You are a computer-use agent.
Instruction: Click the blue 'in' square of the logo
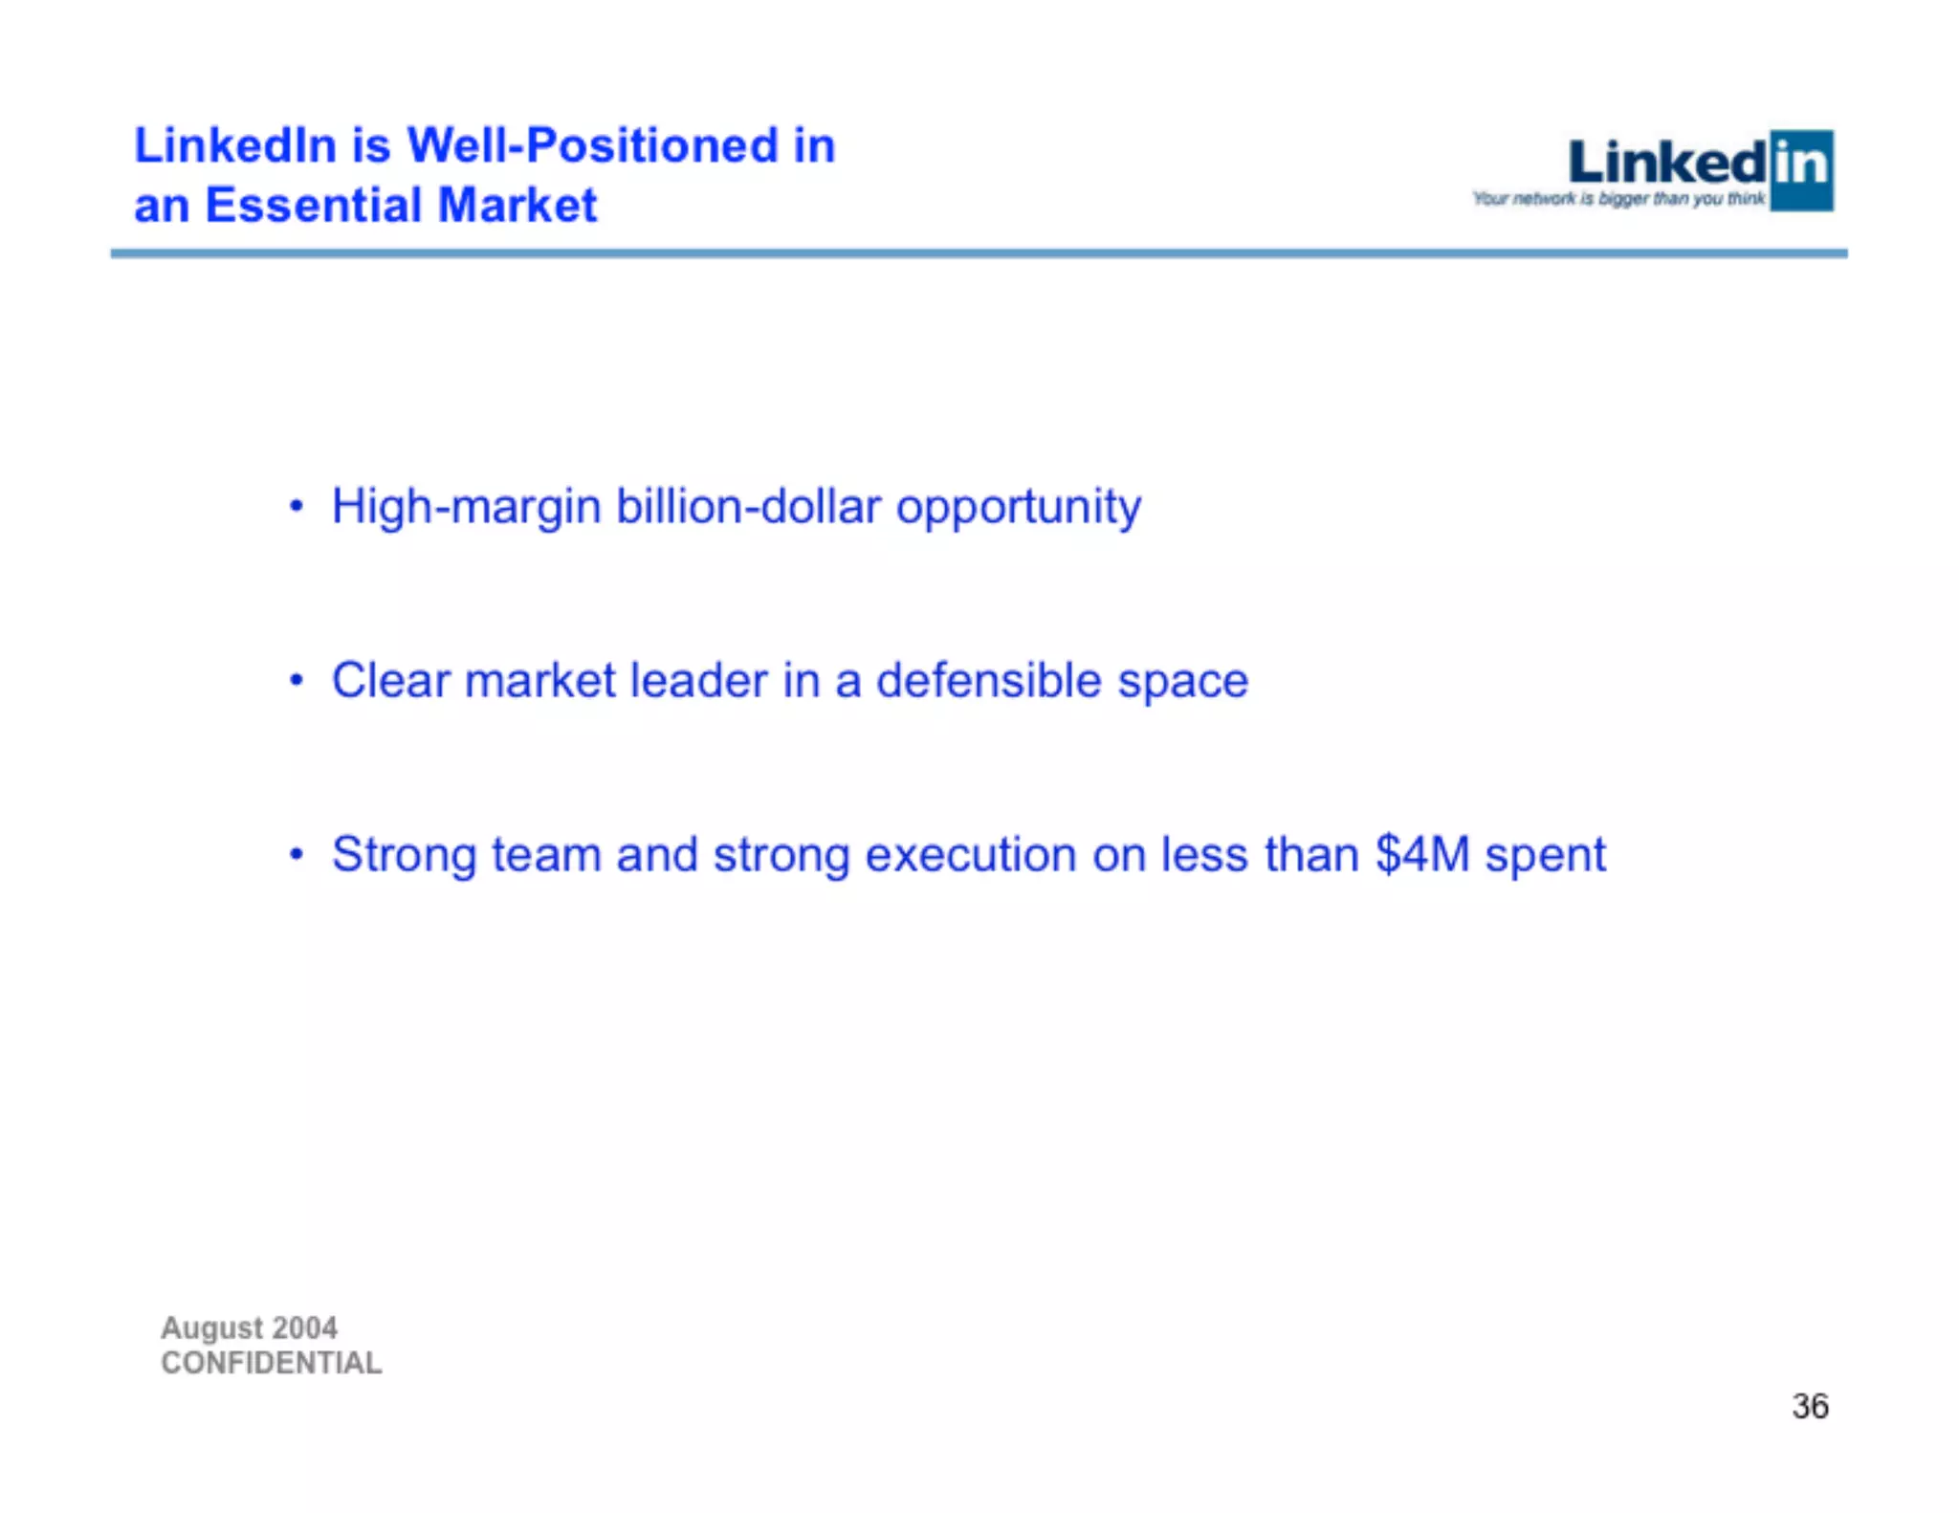pos(1801,170)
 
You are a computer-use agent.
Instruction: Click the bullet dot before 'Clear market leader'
pos(297,680)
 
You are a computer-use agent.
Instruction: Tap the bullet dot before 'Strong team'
pos(297,854)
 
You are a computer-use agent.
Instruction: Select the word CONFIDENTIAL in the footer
pos(272,1363)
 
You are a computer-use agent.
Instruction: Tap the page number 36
pos(1810,1407)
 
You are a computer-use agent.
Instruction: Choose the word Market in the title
pos(517,206)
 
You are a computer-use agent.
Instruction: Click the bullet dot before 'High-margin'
pos(297,506)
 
